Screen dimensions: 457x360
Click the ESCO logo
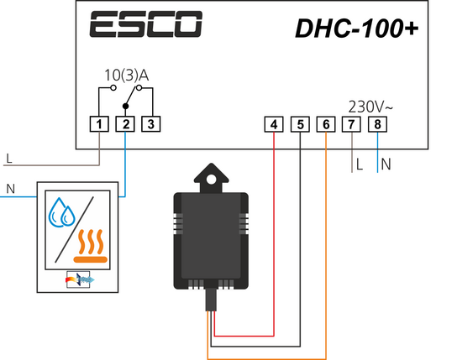tap(145, 24)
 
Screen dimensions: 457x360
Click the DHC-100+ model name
tap(357, 29)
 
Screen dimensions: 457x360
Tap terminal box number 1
tap(99, 124)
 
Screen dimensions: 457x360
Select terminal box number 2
tap(125, 124)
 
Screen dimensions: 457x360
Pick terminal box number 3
tap(151, 124)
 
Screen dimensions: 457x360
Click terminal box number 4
tap(274, 124)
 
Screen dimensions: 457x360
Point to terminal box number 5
tap(300, 124)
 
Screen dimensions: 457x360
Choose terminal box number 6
tap(326, 124)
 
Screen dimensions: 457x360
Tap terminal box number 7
tap(351, 124)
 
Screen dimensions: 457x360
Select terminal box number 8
tap(377, 124)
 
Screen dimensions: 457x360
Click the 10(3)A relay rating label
tap(127, 76)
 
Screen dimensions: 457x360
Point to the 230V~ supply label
tap(370, 107)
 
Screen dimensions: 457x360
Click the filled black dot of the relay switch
tap(126, 107)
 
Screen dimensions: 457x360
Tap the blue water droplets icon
tap(62, 212)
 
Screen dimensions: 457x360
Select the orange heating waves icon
tap(91, 246)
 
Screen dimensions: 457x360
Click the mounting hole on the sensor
tap(212, 180)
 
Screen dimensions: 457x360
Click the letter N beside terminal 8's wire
tap(386, 164)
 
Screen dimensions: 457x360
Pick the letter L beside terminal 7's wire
tap(360, 164)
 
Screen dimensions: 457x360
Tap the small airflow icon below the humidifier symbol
tap(78, 279)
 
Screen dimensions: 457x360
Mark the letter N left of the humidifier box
tap(10, 189)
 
